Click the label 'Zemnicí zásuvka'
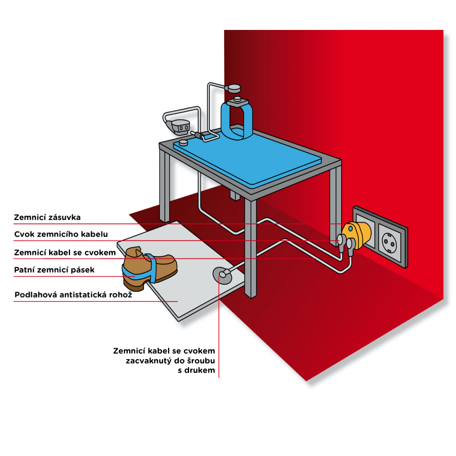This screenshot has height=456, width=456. [x=47, y=217]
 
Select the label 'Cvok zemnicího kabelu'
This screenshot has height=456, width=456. [x=61, y=234]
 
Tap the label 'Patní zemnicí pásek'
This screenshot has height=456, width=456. [x=54, y=270]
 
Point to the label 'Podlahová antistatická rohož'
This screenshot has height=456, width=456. [x=73, y=295]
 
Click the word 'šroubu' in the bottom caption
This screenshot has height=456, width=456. [x=201, y=361]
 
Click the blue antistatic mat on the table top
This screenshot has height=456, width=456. [x=248, y=157]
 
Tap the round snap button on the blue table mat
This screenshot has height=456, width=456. [x=183, y=142]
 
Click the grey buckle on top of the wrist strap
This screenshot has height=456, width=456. [x=237, y=101]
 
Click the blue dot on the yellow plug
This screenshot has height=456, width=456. [x=351, y=229]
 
